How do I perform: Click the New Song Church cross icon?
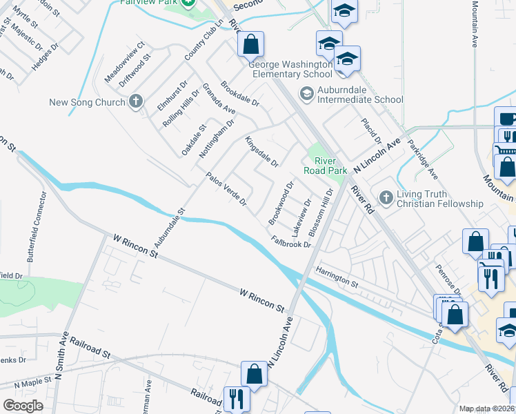point(136,102)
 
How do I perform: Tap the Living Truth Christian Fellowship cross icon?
point(385,199)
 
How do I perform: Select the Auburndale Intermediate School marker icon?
point(306,92)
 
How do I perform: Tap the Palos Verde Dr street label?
point(226,188)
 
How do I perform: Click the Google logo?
point(23,406)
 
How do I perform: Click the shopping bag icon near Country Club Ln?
point(251,44)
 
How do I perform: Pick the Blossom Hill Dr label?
point(321,211)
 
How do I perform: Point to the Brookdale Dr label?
point(239,95)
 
